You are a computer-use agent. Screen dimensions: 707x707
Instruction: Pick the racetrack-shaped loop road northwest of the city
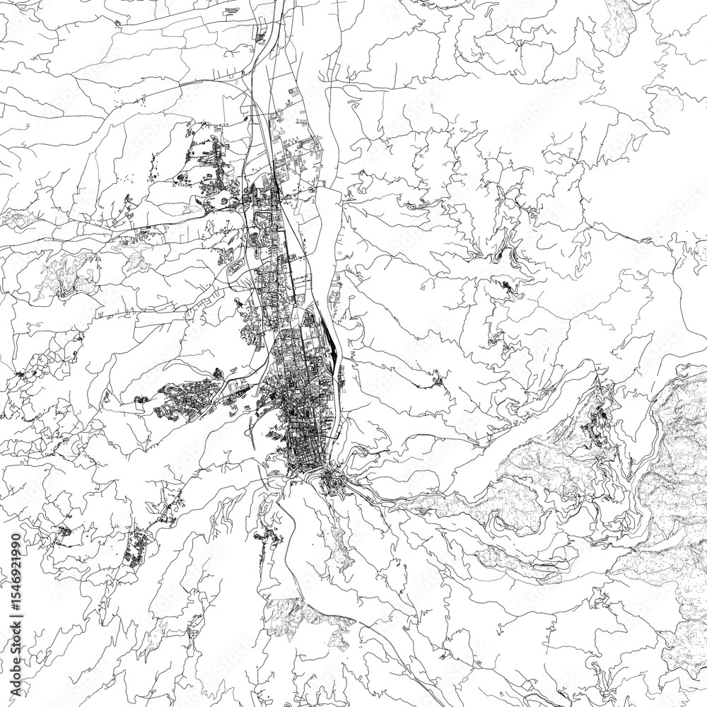236,269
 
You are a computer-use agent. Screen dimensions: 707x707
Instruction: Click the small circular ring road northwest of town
225,201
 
